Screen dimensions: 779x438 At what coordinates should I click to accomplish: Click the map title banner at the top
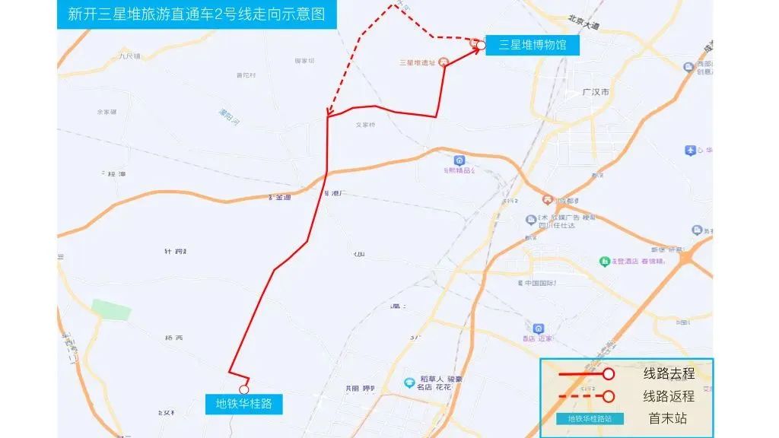(x=196, y=15)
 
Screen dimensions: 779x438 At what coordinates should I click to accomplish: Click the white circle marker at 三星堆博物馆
(x=481, y=46)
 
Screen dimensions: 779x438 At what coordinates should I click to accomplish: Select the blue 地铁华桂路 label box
(x=243, y=404)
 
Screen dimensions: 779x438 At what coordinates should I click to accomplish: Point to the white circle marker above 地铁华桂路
(x=244, y=389)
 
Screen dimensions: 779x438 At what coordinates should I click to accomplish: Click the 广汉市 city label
(x=595, y=92)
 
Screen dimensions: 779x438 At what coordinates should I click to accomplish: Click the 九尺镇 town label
(x=129, y=56)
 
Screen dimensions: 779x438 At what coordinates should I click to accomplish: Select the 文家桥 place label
(x=366, y=125)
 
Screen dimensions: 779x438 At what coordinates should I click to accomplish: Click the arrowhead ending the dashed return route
(x=329, y=115)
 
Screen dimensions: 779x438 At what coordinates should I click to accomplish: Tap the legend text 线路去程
(x=669, y=374)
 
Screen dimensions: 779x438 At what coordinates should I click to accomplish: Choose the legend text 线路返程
(x=669, y=396)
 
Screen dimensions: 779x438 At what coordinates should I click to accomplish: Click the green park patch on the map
(x=111, y=309)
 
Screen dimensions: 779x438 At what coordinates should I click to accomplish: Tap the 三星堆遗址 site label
(x=417, y=62)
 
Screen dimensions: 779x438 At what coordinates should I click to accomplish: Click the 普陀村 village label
(x=246, y=75)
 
